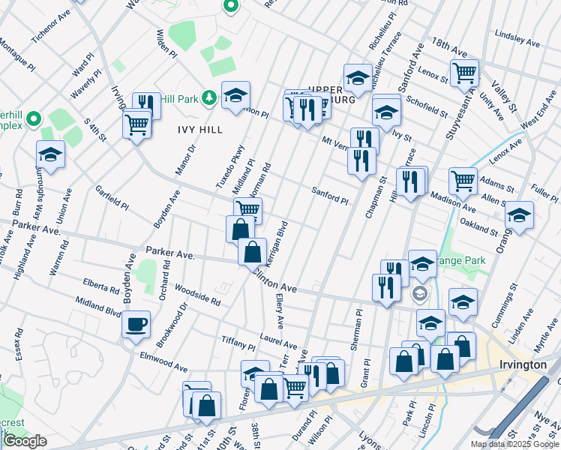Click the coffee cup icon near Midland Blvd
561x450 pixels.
click(136, 325)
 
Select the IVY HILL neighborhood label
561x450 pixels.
click(199, 130)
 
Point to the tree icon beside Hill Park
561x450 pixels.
click(210, 97)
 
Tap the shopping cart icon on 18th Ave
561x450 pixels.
click(464, 73)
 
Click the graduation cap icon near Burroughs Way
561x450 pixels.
click(50, 154)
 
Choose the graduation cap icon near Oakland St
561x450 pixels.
click(519, 215)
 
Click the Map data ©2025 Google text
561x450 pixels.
click(514, 444)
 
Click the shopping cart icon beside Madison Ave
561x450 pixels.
click(463, 180)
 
